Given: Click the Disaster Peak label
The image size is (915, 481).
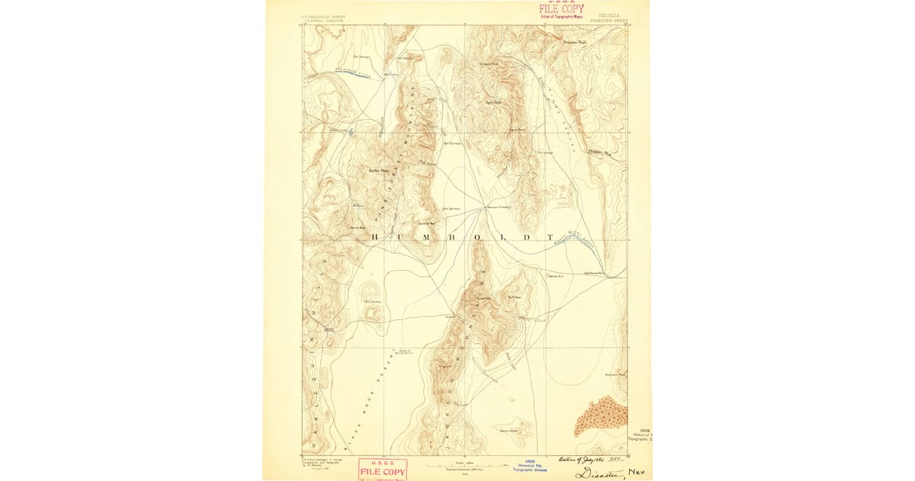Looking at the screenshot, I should tap(573, 43).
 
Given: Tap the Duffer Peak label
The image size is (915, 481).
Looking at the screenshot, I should tap(379, 170).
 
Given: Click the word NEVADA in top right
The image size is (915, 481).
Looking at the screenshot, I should tap(608, 14).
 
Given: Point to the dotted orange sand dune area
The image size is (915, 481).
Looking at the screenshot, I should tap(602, 416).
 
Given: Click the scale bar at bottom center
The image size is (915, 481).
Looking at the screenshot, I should tap(458, 464).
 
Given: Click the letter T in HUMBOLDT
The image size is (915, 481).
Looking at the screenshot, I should tap(547, 237).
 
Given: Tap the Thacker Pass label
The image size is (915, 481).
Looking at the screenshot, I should tap(596, 152).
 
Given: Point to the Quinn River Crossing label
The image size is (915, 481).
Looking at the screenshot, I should tap(498, 207).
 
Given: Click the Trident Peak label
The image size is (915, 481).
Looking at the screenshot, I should tap(489, 63).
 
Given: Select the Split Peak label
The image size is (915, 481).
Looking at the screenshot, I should tap(493, 102).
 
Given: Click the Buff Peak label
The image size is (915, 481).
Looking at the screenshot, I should tap(514, 297).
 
